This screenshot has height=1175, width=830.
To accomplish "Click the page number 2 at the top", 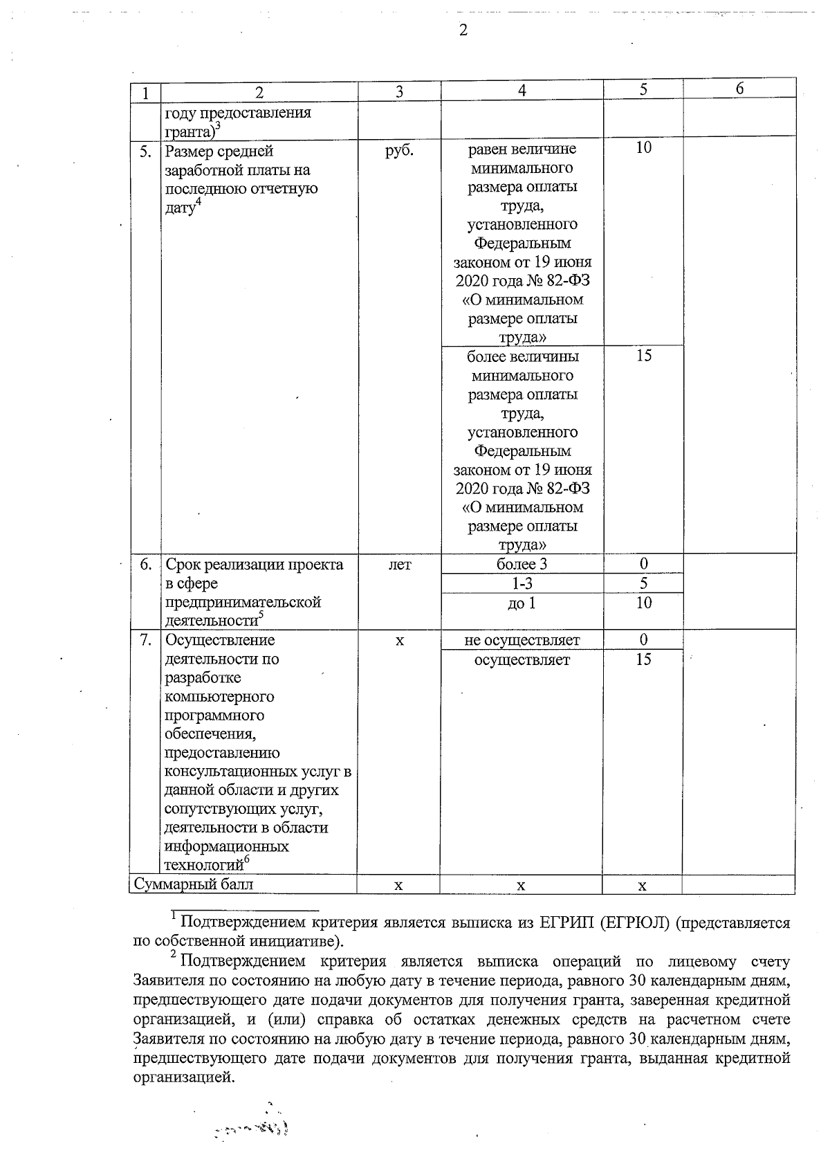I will coord(463,30).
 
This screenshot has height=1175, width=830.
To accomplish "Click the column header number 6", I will coord(739,89).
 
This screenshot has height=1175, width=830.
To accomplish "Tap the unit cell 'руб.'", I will coord(399,150).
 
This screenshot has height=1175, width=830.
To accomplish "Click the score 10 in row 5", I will coord(643,148).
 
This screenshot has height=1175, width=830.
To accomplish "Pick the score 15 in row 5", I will coord(643,356).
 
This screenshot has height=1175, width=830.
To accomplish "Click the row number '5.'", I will coord(145,151).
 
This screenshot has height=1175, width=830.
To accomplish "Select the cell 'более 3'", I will coord(522,564).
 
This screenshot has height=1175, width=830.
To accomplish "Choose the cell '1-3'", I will coord(522,583).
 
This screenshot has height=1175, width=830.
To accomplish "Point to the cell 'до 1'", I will coord(522,603).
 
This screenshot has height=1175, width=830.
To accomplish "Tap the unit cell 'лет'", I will coord(399,565).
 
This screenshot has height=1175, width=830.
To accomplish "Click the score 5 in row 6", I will coord(643,583).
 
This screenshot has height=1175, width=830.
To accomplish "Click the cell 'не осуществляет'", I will coord(522,640).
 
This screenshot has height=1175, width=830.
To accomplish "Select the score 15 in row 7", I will coord(643,659).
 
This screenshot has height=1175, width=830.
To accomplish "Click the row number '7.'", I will coord(145,640).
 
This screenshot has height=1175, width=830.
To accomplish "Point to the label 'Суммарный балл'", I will coord(194,884).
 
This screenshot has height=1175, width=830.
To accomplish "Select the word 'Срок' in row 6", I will coord(183,565).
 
